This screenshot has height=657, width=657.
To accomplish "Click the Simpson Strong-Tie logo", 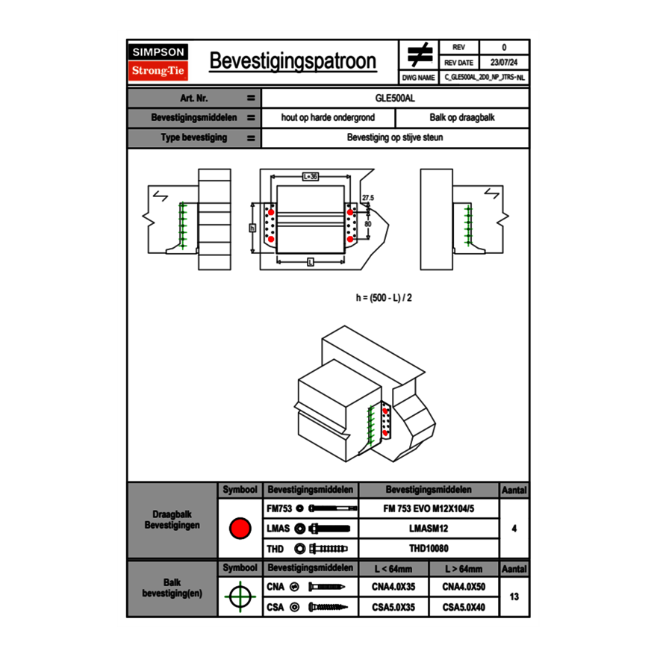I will point(158,62).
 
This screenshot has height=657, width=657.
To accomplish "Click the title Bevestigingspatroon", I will point(293,61).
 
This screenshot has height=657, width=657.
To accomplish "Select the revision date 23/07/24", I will point(504,63).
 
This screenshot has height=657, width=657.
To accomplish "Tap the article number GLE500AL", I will point(395,98).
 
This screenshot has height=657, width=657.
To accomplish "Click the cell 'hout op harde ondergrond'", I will point(328,118).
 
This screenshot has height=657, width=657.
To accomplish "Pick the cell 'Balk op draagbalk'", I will point(462,118).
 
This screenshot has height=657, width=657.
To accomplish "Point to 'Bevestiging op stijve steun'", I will point(395,138).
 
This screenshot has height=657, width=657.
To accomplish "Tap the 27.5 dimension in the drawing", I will point(367,198).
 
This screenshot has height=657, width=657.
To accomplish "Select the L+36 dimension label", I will point(311,177).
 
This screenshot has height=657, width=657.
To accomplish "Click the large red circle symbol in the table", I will point(240,529).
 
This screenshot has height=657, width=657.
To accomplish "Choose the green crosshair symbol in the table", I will point(240,597).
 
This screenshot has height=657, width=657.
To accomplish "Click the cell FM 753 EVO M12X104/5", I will point(428,508).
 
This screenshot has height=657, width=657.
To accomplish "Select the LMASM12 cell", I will point(428,529).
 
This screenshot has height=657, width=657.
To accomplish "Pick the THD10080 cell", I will point(428,549).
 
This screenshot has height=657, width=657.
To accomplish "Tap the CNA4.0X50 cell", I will point(464,587).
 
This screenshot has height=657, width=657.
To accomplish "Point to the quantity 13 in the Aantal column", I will point(514,597).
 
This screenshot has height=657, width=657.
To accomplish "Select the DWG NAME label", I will point(418,77).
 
